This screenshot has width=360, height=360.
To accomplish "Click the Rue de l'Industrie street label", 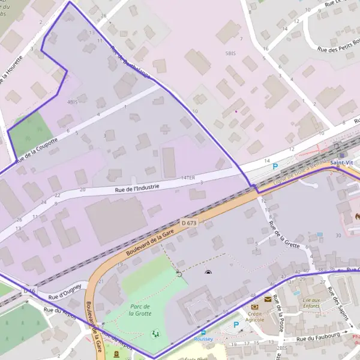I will click(x=137, y=187).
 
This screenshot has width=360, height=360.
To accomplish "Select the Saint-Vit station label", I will click(x=341, y=163).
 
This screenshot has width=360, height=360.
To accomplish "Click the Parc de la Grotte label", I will click(x=139, y=310).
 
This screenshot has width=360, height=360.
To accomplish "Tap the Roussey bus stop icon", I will click(x=203, y=332).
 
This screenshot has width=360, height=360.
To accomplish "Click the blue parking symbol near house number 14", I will click(x=275, y=166).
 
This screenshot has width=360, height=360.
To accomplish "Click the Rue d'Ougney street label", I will click(x=65, y=292).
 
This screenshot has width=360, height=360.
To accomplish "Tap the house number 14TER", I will click(x=188, y=178).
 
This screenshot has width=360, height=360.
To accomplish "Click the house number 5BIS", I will click(x=230, y=53).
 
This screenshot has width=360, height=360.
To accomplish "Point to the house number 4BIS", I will click(x=73, y=102).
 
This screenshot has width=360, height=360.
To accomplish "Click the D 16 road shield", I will click(x=29, y=290).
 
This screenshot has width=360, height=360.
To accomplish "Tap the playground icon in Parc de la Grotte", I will click(x=156, y=332).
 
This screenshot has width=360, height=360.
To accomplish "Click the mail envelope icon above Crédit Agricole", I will click(x=267, y=299).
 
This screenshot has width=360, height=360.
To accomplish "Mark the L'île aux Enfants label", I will click(x=311, y=303).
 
